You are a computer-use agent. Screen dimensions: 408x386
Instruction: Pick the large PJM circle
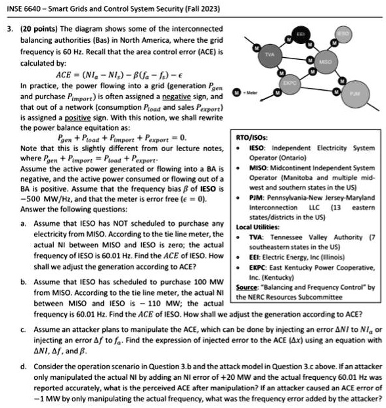click(x=354, y=95)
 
